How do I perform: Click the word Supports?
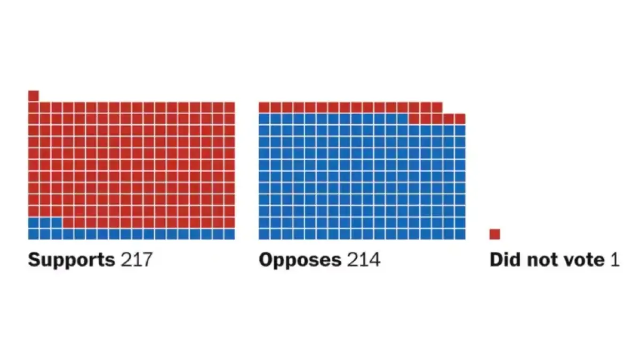(71, 260)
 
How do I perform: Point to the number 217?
(137, 260)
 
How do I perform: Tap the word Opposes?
(300, 260)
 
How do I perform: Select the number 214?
(364, 260)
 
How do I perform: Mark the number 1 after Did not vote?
(615, 260)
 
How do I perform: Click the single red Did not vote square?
(495, 234)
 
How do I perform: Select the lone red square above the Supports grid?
(34, 95)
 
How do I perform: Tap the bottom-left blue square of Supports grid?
(34, 234)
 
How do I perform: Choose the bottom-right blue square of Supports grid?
(229, 234)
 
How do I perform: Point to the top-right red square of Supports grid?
(229, 107)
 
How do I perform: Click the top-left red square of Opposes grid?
(264, 107)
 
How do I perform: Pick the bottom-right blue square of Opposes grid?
(460, 234)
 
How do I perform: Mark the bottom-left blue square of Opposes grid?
(264, 234)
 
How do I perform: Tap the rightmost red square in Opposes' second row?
(460, 118)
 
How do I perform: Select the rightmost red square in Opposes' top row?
(437, 107)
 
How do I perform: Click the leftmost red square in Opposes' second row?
(414, 118)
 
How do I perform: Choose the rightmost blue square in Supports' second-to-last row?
(57, 222)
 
